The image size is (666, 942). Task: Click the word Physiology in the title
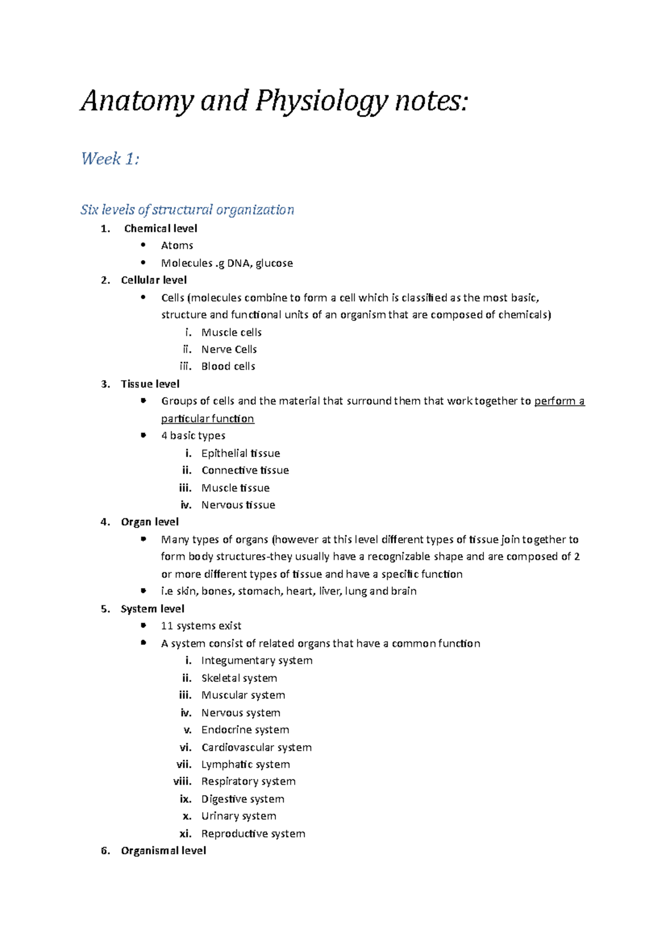tap(321, 102)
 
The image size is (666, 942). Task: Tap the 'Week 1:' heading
tap(110, 159)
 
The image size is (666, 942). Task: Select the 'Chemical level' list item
tap(160, 229)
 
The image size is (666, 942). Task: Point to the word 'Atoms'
tap(177, 245)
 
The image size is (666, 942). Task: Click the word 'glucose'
tap(274, 263)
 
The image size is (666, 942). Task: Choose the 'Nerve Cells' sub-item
tap(229, 350)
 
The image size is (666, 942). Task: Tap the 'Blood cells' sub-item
tap(228, 366)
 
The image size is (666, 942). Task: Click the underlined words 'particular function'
tap(208, 418)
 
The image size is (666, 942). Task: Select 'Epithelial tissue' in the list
tap(240, 453)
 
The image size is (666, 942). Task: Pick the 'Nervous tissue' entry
tap(238, 505)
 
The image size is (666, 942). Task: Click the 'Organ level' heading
tap(149, 522)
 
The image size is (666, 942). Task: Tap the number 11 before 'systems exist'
tap(167, 626)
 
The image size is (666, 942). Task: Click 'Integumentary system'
tap(256, 660)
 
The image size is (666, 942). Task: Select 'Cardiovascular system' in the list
tap(256, 747)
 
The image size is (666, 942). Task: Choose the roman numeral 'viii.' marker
tap(182, 781)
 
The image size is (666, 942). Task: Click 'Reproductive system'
tap(253, 833)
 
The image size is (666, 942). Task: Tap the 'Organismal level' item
tap(163, 850)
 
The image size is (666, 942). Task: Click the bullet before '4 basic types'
tap(144, 435)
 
